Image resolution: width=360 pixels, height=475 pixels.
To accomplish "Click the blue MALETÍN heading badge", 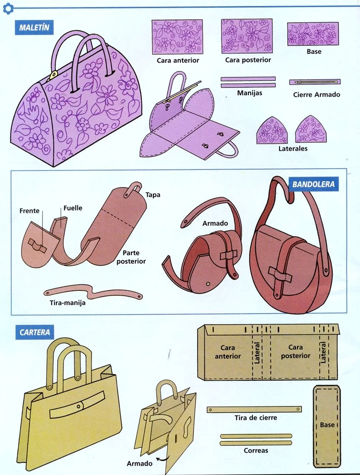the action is tap(34, 27).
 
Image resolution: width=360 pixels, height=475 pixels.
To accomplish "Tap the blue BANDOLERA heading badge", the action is tap(313, 184).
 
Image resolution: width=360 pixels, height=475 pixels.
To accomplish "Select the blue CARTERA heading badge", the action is tap(35, 332).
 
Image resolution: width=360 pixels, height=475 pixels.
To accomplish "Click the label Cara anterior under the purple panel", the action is tap(178, 60).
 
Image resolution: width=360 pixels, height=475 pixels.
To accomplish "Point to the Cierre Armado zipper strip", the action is tap(315, 82).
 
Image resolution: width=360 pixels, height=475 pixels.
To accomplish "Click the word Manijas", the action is tap(250, 93).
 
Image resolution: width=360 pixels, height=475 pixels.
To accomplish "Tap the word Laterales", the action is tap(293, 148).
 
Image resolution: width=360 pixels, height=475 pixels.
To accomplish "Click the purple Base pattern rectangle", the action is tap(313, 34).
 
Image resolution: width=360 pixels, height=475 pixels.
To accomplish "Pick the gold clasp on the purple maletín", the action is tap(53, 76).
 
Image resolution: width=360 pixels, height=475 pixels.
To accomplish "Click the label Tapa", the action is tap(153, 195).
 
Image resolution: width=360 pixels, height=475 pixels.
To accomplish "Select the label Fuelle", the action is tap(73, 208).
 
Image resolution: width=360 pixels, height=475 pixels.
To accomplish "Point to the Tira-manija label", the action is tap(67, 303).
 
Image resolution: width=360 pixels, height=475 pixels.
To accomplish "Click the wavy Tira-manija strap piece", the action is tap(93, 293).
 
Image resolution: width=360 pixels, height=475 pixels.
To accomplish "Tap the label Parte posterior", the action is tap(131, 257).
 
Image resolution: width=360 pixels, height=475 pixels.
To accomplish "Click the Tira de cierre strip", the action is tap(254, 409).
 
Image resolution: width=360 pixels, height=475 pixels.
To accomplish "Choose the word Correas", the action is tap(256, 450).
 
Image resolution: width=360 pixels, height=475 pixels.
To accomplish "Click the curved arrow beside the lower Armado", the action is tap(162, 459).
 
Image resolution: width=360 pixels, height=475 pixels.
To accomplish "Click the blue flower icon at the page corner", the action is tap(8, 9).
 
